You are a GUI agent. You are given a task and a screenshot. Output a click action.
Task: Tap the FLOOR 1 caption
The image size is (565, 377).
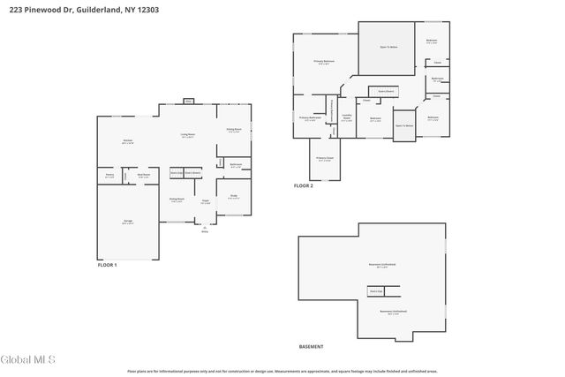pos(107,264)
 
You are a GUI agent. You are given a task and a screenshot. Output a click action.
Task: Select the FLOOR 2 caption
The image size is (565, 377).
pos(304,185)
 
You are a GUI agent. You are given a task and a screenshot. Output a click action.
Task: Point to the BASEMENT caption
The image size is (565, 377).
pos(311,346)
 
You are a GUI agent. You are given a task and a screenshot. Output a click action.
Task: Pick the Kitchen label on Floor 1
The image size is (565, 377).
pos(127,141)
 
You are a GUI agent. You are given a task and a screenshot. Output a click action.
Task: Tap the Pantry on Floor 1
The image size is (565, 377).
pos(109,176)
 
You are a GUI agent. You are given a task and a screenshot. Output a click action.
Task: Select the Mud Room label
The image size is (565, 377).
pos(141,176)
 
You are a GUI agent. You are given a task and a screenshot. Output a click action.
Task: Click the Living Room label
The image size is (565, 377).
pos(188,135)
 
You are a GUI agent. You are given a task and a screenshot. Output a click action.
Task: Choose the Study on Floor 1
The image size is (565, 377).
pos(234,197)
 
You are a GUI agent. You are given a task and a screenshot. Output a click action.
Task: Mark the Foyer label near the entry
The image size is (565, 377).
pos(205,202)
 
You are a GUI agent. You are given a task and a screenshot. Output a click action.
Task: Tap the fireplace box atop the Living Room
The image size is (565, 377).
pos(188,101)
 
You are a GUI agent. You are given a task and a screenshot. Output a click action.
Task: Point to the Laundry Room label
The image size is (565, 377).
pos(347,118)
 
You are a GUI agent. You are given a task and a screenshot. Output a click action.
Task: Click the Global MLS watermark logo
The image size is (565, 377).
pos(28,358)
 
